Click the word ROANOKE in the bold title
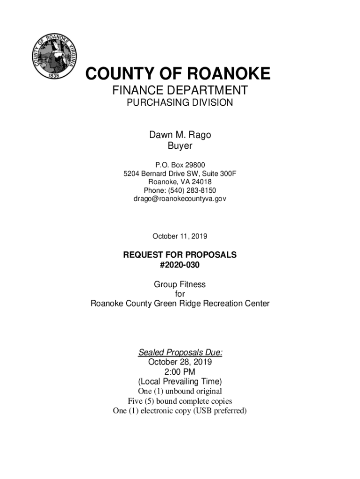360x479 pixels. coord(229,74)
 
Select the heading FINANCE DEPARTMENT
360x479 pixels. coord(180,90)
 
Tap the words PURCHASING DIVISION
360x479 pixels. coord(180,103)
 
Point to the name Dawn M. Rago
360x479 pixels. coord(180,135)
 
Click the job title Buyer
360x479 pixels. coord(180,146)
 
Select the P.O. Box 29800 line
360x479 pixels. coord(180,165)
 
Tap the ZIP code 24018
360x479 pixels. coord(201,182)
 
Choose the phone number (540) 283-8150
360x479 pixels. coord(191,190)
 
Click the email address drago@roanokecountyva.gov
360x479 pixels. coord(180,199)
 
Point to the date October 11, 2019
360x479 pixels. coord(180,236)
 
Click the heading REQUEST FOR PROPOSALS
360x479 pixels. coord(180,255)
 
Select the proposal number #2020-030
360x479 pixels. coord(180,265)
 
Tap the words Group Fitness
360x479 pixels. coord(180,284)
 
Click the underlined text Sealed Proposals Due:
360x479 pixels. coord(180,352)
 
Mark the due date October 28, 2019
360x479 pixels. coord(180,362)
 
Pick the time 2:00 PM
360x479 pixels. coord(180,372)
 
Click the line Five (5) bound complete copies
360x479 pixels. coord(180,401)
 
